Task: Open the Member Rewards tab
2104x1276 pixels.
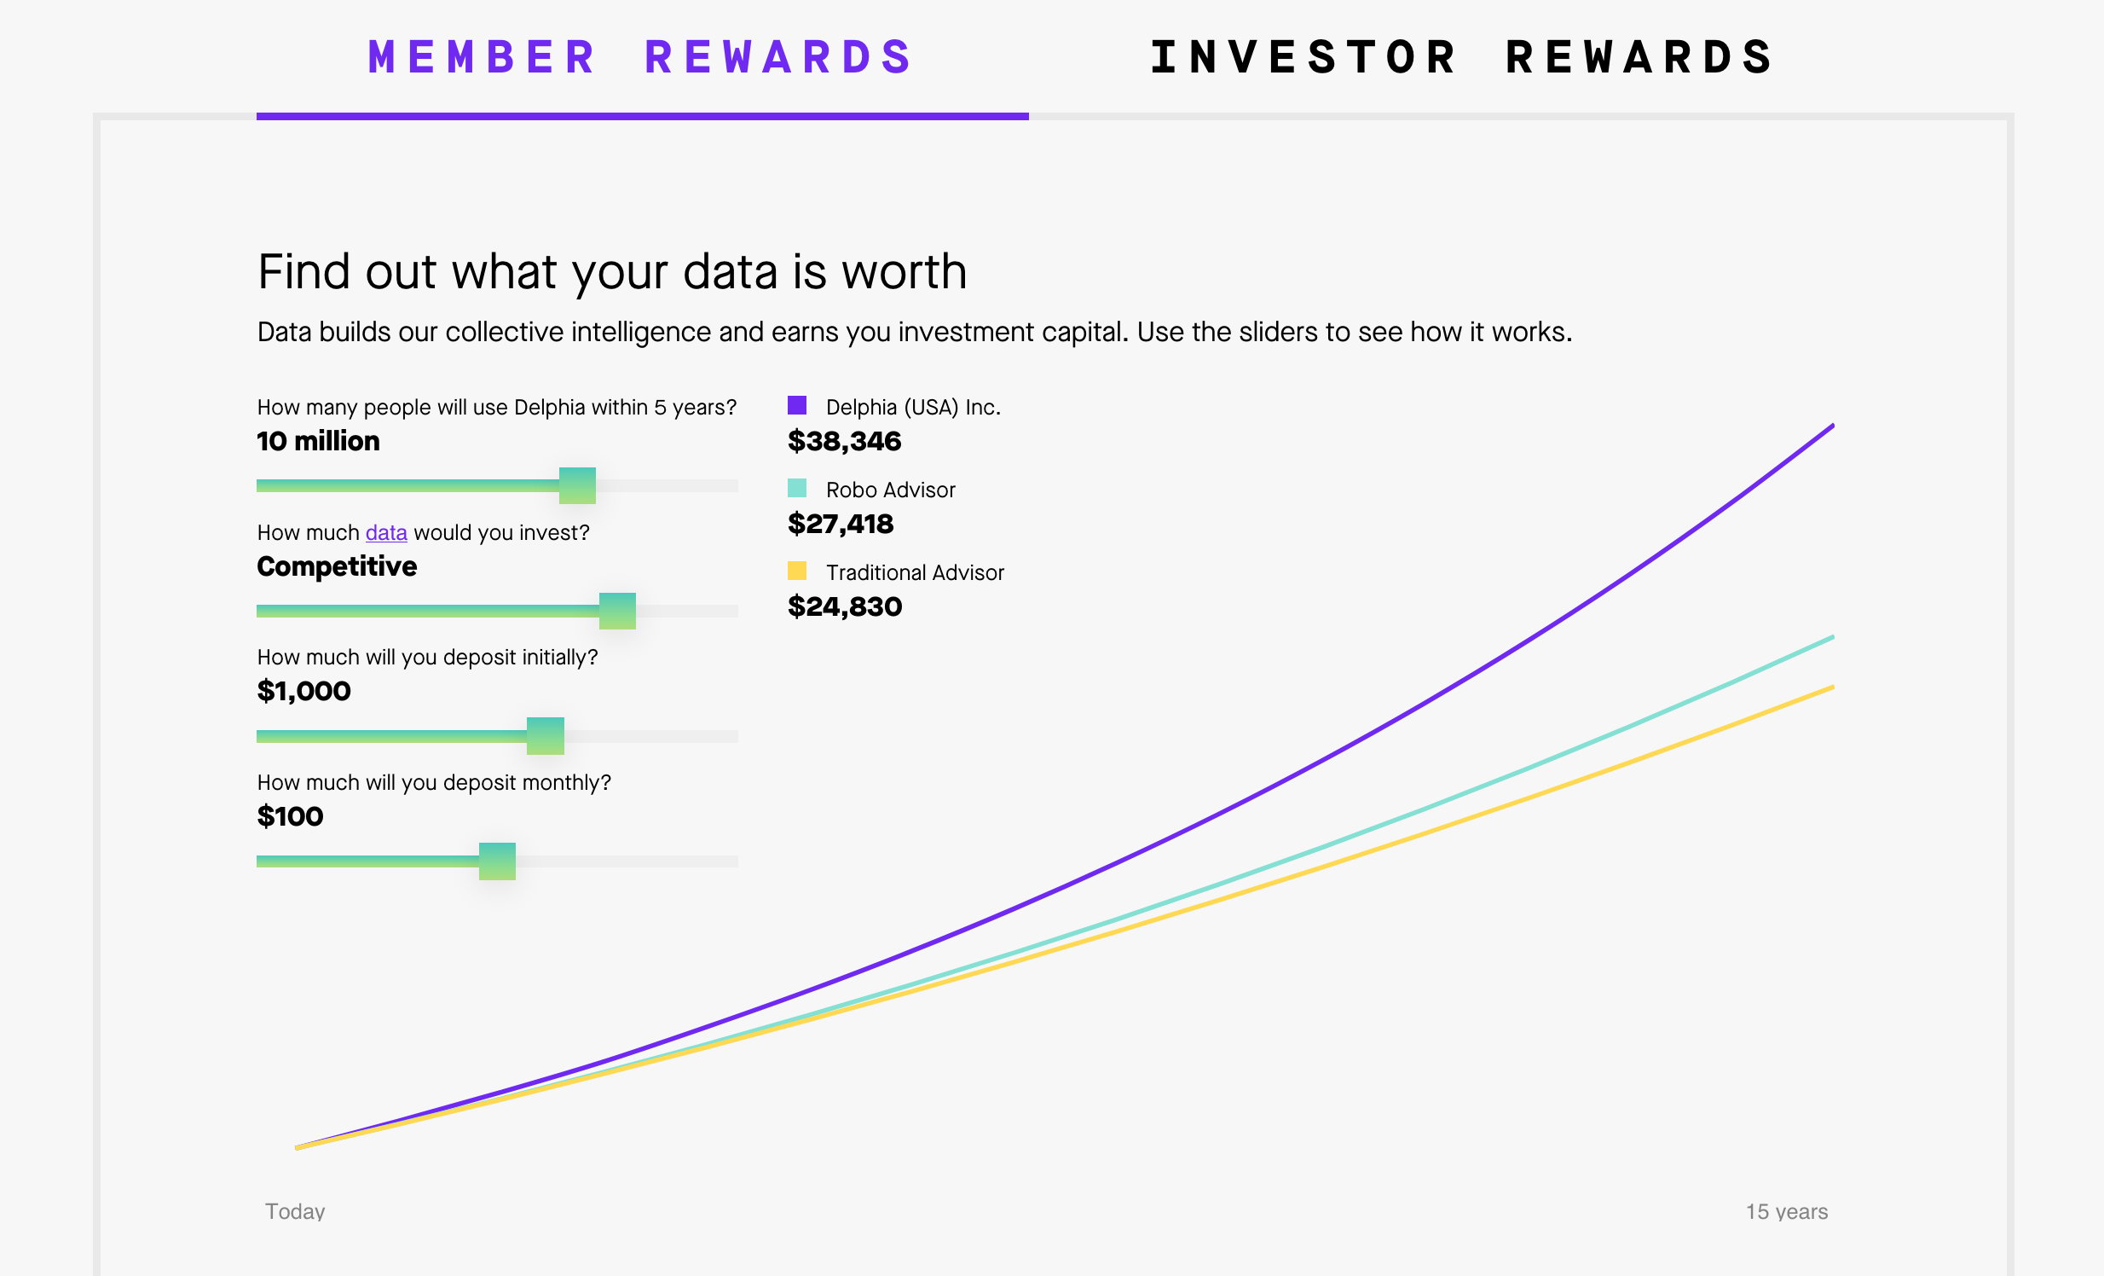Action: (x=641, y=57)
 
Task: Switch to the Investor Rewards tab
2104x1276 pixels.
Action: (x=1464, y=57)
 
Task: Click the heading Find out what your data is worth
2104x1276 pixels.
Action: (x=612, y=272)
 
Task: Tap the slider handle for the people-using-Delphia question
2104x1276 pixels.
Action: (x=577, y=486)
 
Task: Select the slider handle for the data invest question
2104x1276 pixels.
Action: (x=617, y=611)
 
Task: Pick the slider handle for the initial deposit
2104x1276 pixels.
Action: (x=546, y=736)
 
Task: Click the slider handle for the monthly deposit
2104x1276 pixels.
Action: (x=497, y=861)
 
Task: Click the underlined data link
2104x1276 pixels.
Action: (x=386, y=533)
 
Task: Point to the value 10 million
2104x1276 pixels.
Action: (x=319, y=441)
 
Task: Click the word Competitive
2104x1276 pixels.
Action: (x=338, y=566)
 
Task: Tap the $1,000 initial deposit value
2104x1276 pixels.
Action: (x=304, y=691)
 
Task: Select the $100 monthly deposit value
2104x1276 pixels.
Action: (x=291, y=816)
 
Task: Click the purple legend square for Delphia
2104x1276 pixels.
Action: (x=797, y=406)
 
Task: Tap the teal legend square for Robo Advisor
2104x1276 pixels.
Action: (x=797, y=489)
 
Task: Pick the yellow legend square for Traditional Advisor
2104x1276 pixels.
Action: (x=797, y=571)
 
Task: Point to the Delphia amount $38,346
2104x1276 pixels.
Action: (x=845, y=441)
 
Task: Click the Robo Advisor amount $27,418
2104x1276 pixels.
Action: (x=841, y=524)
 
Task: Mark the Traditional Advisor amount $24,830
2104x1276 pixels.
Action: (x=845, y=606)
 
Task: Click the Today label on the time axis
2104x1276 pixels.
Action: (x=296, y=1211)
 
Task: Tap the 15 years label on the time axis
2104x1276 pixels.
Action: (x=1786, y=1211)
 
